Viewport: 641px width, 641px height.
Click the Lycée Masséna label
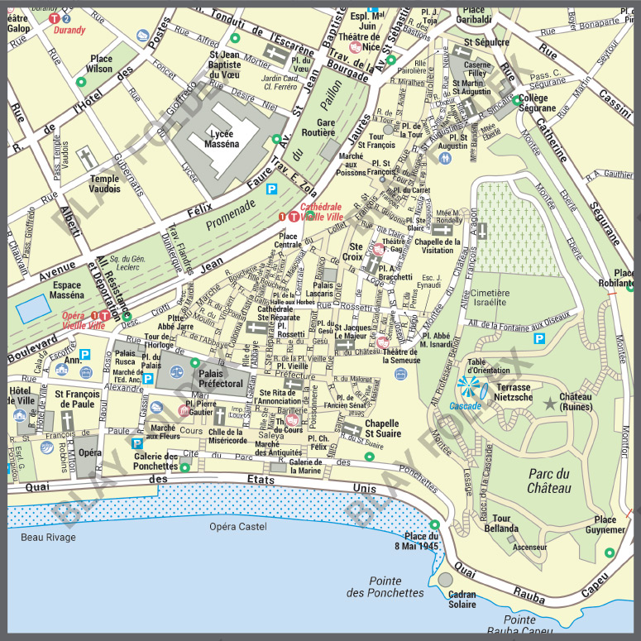tap(220, 137)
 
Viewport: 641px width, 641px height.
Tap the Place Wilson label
tap(101, 64)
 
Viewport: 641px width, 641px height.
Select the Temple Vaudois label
tap(105, 184)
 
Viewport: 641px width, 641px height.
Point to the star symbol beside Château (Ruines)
tap(550, 403)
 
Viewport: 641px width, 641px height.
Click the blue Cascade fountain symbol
tap(467, 388)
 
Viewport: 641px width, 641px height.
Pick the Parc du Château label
tap(550, 481)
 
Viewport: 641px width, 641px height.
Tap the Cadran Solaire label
tap(462, 600)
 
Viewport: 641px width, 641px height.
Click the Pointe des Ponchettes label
tap(385, 586)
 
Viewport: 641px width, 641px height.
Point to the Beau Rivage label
tap(48, 538)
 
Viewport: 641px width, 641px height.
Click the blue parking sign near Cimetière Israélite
tap(539, 338)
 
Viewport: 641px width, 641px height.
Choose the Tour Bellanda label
tap(501, 524)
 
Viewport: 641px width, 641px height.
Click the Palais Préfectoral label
tap(221, 378)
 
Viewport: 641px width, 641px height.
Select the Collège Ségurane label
tap(538, 103)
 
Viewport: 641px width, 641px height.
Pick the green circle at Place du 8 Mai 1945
tap(435, 524)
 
